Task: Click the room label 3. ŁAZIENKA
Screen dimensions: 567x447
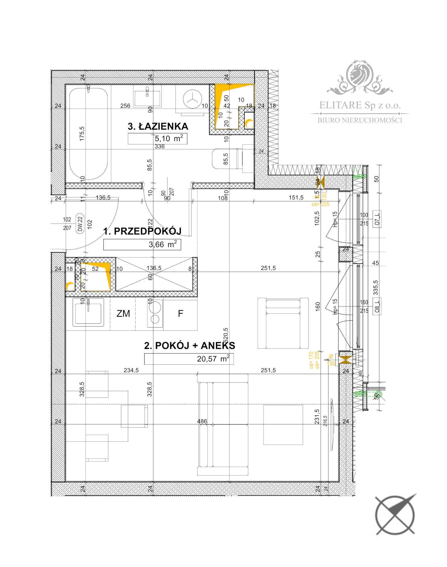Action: click(x=158, y=126)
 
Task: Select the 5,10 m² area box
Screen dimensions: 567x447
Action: click(x=158, y=139)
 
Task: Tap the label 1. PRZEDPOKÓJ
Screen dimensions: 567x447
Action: click(x=142, y=231)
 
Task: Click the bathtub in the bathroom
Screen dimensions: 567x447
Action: click(x=88, y=134)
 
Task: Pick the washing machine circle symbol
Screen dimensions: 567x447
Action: click(x=192, y=99)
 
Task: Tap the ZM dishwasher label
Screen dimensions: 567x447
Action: click(x=123, y=313)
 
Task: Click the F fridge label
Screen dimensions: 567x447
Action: click(x=180, y=313)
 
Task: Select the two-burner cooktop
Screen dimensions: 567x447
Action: click(x=155, y=313)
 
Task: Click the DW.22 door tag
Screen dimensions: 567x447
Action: click(x=80, y=224)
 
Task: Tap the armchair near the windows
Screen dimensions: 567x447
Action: click(x=283, y=323)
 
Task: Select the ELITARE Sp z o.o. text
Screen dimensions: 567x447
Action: click(x=360, y=105)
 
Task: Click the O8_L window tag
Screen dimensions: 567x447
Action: click(x=377, y=306)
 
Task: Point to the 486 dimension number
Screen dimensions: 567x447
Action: click(x=202, y=421)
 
